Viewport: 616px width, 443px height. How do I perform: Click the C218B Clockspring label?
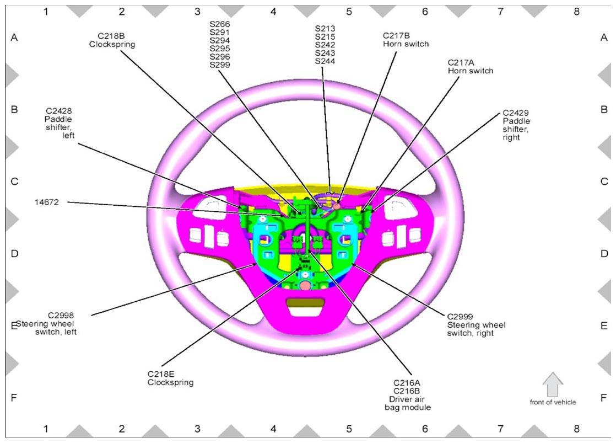click(112, 40)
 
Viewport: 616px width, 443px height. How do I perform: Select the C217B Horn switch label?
click(406, 40)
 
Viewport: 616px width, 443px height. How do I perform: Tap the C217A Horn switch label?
click(470, 67)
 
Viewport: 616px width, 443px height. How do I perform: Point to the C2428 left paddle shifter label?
click(60, 123)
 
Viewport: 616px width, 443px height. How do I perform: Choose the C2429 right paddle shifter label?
click(516, 125)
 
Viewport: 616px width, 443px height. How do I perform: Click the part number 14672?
click(47, 202)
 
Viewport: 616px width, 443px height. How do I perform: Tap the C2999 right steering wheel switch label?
click(476, 325)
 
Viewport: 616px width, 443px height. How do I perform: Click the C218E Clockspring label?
click(170, 378)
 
